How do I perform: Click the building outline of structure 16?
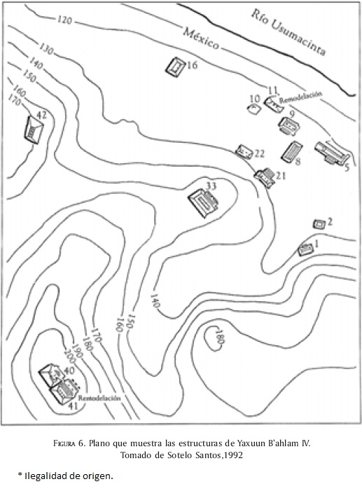pos(175,67)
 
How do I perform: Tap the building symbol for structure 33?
pos(203,202)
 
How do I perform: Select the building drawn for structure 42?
pos(34,130)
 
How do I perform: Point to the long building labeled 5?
pos(332,153)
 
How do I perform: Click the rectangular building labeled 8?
pos(291,152)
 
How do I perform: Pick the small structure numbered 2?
pos(319,224)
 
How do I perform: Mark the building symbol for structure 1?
pos(305,249)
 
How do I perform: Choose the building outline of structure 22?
pos(244,151)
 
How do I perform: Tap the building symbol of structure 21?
pos(265,177)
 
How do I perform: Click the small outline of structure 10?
pos(254,109)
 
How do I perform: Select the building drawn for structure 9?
pos(288,126)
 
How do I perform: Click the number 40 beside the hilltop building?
pos(69,371)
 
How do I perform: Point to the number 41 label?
pos(73,406)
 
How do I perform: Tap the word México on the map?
pos(201,39)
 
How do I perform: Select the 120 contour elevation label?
pos(64,20)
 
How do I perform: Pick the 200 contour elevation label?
pos(69,356)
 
